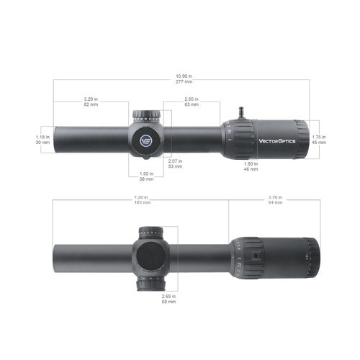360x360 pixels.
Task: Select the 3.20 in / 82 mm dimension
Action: click(x=91, y=102)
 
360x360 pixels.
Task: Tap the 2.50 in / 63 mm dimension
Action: click(x=192, y=102)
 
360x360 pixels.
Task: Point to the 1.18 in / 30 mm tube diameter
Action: click(x=43, y=139)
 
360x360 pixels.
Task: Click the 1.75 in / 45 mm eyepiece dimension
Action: click(x=318, y=139)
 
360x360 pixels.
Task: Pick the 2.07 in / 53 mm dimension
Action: click(x=176, y=163)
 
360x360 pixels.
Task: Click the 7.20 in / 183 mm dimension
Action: click(x=141, y=200)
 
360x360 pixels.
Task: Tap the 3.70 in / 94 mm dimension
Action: click(x=275, y=200)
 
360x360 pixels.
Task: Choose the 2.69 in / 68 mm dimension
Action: click(x=170, y=299)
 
